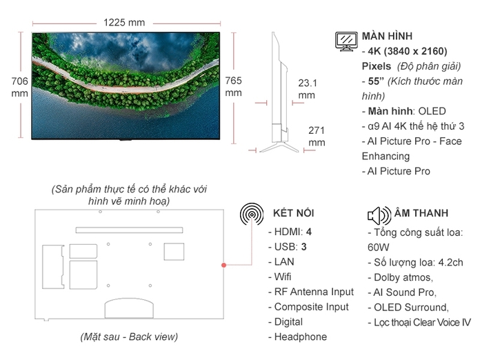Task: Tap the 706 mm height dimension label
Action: pyautogui.click(x=20, y=87)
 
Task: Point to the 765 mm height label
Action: pyautogui.click(x=234, y=86)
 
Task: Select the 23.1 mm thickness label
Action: pyautogui.click(x=307, y=89)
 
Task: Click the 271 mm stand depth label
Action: pyautogui.click(x=317, y=136)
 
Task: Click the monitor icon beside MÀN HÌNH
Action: pyautogui.click(x=346, y=41)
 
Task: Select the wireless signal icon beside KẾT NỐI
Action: pyautogui.click(x=252, y=214)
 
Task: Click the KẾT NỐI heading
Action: pyautogui.click(x=293, y=213)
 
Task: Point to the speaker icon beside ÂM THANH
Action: pyautogui.click(x=379, y=214)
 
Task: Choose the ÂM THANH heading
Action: pyautogui.click(x=421, y=213)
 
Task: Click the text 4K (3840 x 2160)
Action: pyautogui.click(x=408, y=51)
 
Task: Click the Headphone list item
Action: pyautogui.click(x=301, y=337)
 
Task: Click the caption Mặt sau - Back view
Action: pyautogui.click(x=128, y=337)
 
